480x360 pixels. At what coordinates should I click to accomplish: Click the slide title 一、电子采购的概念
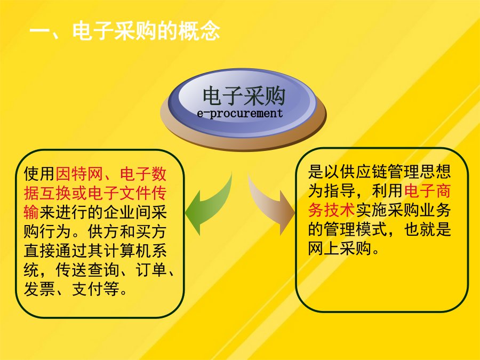point(125,31)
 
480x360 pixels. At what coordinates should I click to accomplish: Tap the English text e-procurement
point(239,113)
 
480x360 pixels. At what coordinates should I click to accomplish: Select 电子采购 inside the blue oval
point(244,96)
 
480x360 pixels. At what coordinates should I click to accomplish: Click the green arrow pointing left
point(208,204)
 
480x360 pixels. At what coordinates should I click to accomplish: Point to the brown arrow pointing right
point(271,204)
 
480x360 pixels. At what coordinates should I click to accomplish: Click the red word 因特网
point(79,174)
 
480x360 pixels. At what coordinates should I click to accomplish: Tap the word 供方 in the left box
point(103,231)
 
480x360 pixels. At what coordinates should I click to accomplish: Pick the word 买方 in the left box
point(151,231)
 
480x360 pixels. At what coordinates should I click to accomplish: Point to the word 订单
point(151,270)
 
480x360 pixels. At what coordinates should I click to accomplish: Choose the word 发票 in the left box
point(39,289)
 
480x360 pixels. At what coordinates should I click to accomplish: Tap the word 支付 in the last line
point(87,289)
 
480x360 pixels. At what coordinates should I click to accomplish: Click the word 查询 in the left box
point(103,270)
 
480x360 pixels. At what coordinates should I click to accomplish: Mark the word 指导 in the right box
point(339,191)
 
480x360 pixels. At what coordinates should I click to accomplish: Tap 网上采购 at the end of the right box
point(340,248)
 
